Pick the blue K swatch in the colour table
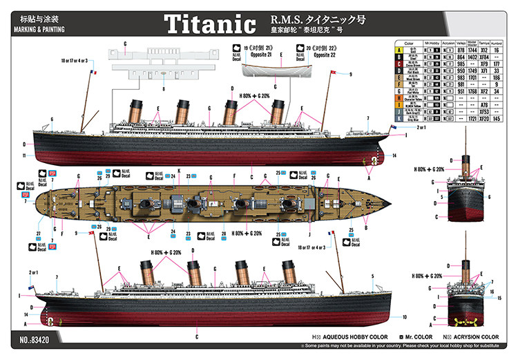point(399,118)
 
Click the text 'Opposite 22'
point(309,55)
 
